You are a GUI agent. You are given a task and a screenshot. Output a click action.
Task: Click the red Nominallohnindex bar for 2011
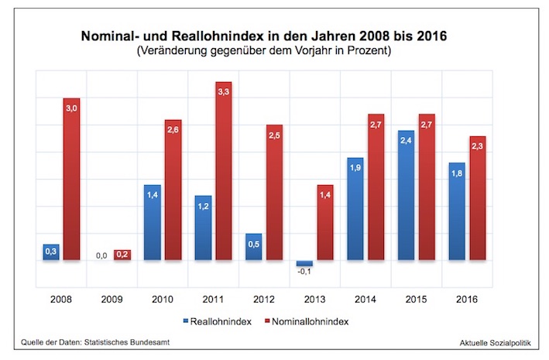pyautogui.click(x=223, y=172)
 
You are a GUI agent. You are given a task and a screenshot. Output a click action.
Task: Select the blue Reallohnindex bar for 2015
pyautogui.click(x=405, y=196)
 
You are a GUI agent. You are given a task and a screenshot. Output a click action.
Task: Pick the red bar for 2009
pyautogui.click(x=122, y=255)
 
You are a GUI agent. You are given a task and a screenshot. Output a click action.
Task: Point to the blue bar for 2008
pyautogui.click(x=52, y=252)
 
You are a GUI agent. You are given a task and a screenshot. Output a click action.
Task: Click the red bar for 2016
pyautogui.click(x=477, y=199)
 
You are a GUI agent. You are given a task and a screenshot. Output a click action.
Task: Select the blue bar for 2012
pyautogui.click(x=253, y=247)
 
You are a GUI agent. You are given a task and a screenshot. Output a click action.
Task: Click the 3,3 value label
pyautogui.click(x=223, y=92)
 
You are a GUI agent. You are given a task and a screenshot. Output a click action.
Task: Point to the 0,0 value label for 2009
pyautogui.click(x=101, y=254)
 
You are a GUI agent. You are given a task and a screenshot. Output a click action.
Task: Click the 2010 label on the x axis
pyautogui.click(x=162, y=300)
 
